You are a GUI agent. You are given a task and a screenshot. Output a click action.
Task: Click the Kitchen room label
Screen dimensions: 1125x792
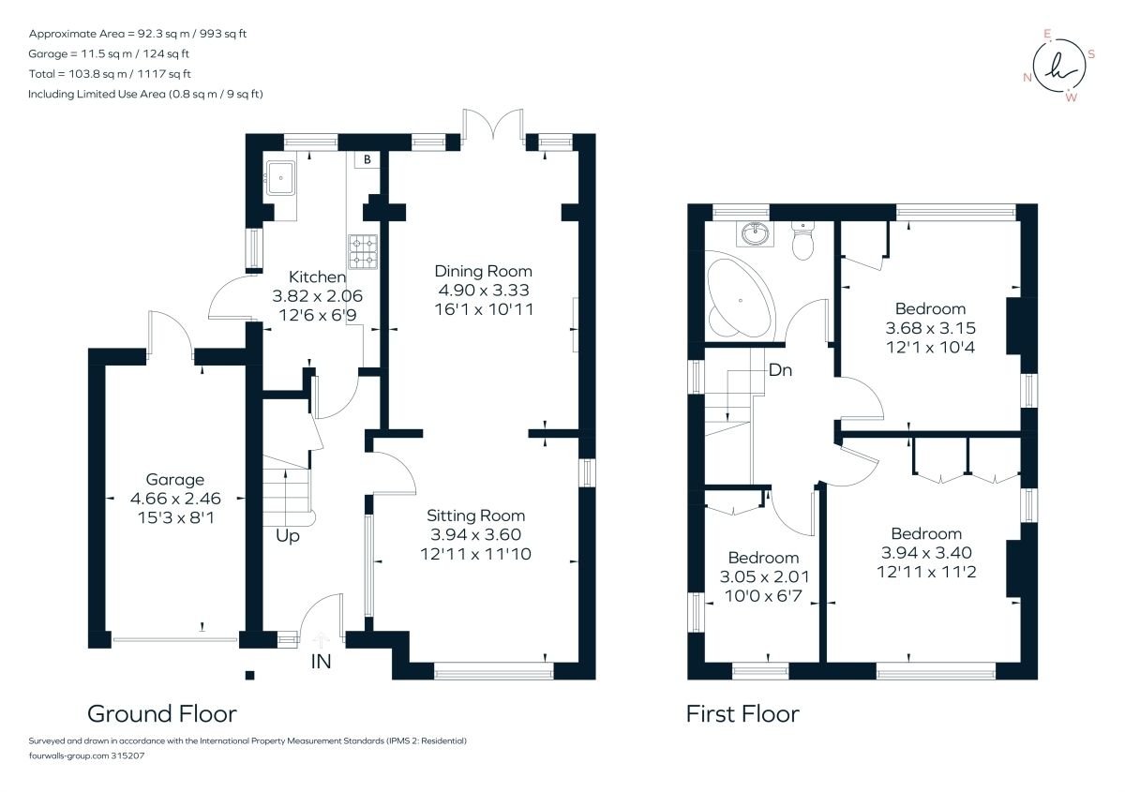pos(318,276)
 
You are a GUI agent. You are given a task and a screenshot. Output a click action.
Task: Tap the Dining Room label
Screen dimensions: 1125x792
pos(483,271)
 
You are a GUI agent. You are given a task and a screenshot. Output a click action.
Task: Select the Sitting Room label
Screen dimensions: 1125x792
pos(475,516)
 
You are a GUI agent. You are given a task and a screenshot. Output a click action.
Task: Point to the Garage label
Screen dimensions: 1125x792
pos(174,480)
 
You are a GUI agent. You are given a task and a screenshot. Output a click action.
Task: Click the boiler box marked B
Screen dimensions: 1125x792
pos(367,159)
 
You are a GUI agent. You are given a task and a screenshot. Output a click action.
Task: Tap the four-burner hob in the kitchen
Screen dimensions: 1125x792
pos(363,251)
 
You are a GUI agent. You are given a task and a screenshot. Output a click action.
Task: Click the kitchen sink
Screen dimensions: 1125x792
pos(280,178)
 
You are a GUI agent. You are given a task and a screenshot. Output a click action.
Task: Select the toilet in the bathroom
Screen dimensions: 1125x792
pos(802,241)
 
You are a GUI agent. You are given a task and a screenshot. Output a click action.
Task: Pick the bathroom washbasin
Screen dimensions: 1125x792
pos(754,233)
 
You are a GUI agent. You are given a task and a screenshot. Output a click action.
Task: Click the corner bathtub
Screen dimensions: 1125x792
pos(739,298)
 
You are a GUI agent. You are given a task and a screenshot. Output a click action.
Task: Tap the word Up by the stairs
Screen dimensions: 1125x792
pos(288,536)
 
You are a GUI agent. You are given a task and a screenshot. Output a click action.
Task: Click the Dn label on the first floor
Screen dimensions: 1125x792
pos(780,370)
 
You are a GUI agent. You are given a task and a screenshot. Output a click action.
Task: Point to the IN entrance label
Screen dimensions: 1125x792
pos(321,662)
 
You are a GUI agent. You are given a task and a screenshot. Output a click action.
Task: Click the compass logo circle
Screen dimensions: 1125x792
pos(1059,67)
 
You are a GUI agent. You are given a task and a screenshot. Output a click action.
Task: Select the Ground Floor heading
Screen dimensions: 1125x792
pos(161,714)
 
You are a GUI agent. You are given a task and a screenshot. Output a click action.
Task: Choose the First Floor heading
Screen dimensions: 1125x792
pos(742,714)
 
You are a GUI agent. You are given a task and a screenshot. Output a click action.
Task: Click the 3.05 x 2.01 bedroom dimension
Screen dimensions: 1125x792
pos(764,576)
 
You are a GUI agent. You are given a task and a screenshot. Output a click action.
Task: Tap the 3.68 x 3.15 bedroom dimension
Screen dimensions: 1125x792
pos(930,328)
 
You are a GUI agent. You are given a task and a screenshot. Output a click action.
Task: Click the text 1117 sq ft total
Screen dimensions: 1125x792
pos(164,74)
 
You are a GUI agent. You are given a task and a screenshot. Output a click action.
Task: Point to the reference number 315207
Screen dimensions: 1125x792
pos(127,755)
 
